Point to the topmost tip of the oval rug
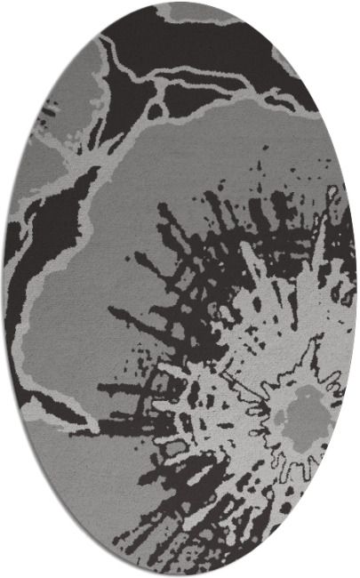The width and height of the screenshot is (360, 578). [x=180, y=3]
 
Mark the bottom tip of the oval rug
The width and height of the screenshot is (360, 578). [x=180, y=575]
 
